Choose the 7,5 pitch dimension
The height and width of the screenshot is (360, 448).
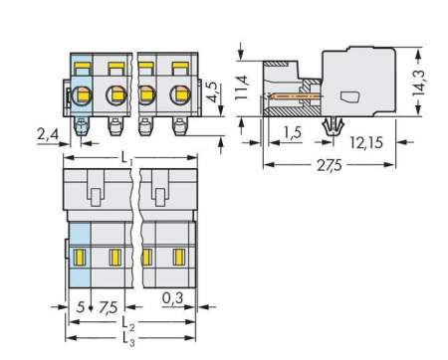pyautogui.click(x=110, y=307)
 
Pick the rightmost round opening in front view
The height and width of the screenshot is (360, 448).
pyautogui.click(x=180, y=96)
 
